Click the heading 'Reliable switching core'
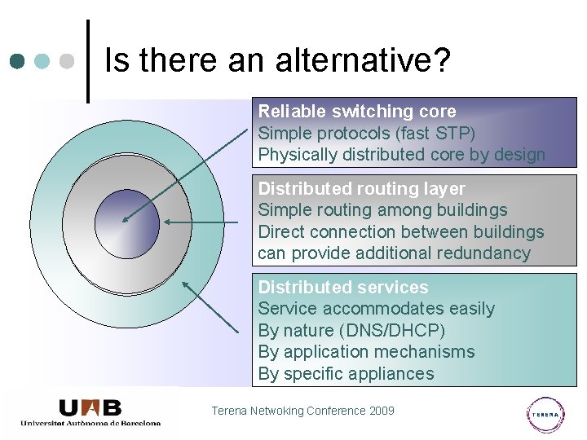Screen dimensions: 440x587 coord(357,112)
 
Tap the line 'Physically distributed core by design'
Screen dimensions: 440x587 coord(401,155)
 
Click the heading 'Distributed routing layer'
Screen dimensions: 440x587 coord(361,189)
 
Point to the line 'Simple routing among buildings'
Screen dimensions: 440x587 coord(382,210)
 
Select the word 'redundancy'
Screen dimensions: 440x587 coord(485,253)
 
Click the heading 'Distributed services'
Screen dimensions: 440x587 coord(342,287)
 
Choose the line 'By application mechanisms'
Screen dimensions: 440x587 coord(366,352)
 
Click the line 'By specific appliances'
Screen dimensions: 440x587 coord(346,374)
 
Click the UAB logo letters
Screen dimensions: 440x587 coord(90,407)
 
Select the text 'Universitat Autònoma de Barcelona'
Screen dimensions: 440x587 coord(90,423)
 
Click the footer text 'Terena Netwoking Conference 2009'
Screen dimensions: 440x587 coord(302,411)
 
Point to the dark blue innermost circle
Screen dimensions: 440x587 coord(126,222)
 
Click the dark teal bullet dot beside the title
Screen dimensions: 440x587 coord(17,61)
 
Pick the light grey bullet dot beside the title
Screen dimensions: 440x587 coord(68,61)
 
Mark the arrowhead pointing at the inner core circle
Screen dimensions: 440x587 coord(123,219)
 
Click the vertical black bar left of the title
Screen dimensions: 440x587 coord(88,61)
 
